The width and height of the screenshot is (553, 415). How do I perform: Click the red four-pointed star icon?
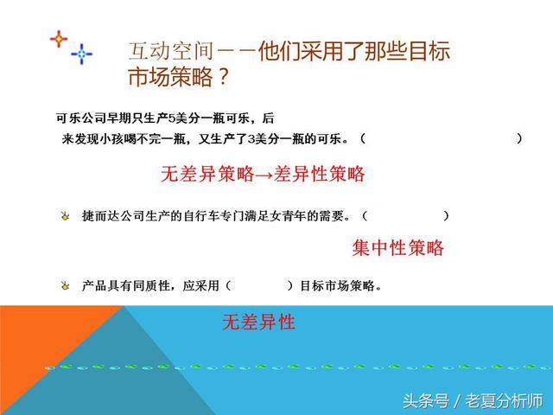(x=58, y=39)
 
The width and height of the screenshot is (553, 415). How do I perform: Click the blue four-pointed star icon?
(x=82, y=54)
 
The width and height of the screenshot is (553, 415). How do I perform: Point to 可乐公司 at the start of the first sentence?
(x=76, y=118)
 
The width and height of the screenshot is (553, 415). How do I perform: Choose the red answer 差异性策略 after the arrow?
(x=319, y=174)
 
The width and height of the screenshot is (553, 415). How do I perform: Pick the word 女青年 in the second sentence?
(x=297, y=215)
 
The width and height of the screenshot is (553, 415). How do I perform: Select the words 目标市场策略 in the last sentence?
(x=337, y=284)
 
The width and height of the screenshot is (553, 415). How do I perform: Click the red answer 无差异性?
(x=258, y=323)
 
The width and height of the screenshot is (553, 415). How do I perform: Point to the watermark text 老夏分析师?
(x=504, y=401)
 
